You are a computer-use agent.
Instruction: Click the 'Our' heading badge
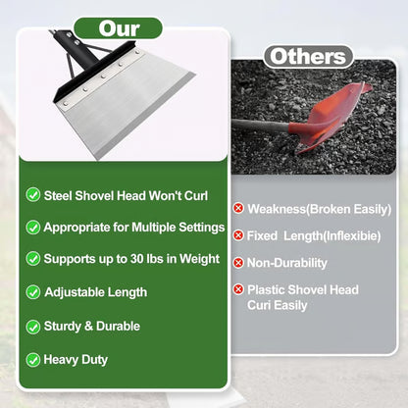(x=121, y=28)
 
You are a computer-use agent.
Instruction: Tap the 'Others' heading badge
(x=308, y=56)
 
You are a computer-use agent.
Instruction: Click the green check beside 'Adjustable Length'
(x=33, y=292)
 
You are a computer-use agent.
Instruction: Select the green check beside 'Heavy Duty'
(x=33, y=359)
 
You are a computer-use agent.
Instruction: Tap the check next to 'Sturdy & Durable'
(x=33, y=326)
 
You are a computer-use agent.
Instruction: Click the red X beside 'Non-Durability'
(x=237, y=263)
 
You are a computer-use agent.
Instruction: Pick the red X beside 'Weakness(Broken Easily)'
(x=237, y=209)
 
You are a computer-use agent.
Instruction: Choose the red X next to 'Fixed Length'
(x=237, y=235)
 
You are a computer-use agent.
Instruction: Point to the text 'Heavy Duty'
(x=76, y=359)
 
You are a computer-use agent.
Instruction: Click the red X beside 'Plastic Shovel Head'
(x=237, y=289)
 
